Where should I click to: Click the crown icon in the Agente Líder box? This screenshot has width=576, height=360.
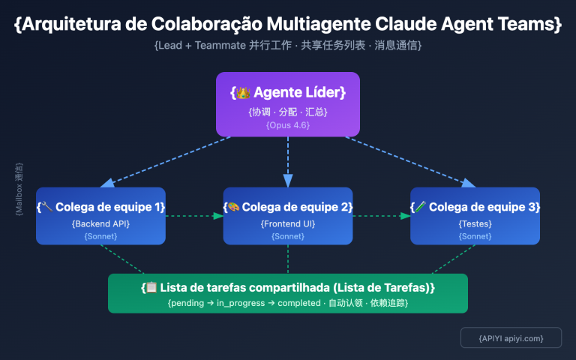tap(243, 93)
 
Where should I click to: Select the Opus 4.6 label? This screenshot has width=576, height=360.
tap(288, 125)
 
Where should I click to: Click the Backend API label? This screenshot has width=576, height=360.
tap(100, 223)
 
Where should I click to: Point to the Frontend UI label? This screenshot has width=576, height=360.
tap(288, 223)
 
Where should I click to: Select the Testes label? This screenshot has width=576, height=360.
tap(475, 223)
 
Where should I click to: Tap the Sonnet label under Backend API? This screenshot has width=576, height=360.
tap(100, 236)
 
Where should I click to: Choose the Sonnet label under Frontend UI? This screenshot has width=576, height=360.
tap(288, 236)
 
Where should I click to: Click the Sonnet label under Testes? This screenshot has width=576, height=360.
tap(475, 236)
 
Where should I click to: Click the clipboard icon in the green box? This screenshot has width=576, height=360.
tap(152, 287)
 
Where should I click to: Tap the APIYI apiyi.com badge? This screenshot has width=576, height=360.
tap(511, 338)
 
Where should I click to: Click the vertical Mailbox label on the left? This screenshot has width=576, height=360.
tap(19, 189)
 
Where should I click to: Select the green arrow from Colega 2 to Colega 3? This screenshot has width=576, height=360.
tap(382, 216)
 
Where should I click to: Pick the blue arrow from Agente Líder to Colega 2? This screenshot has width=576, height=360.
tap(288, 161)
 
